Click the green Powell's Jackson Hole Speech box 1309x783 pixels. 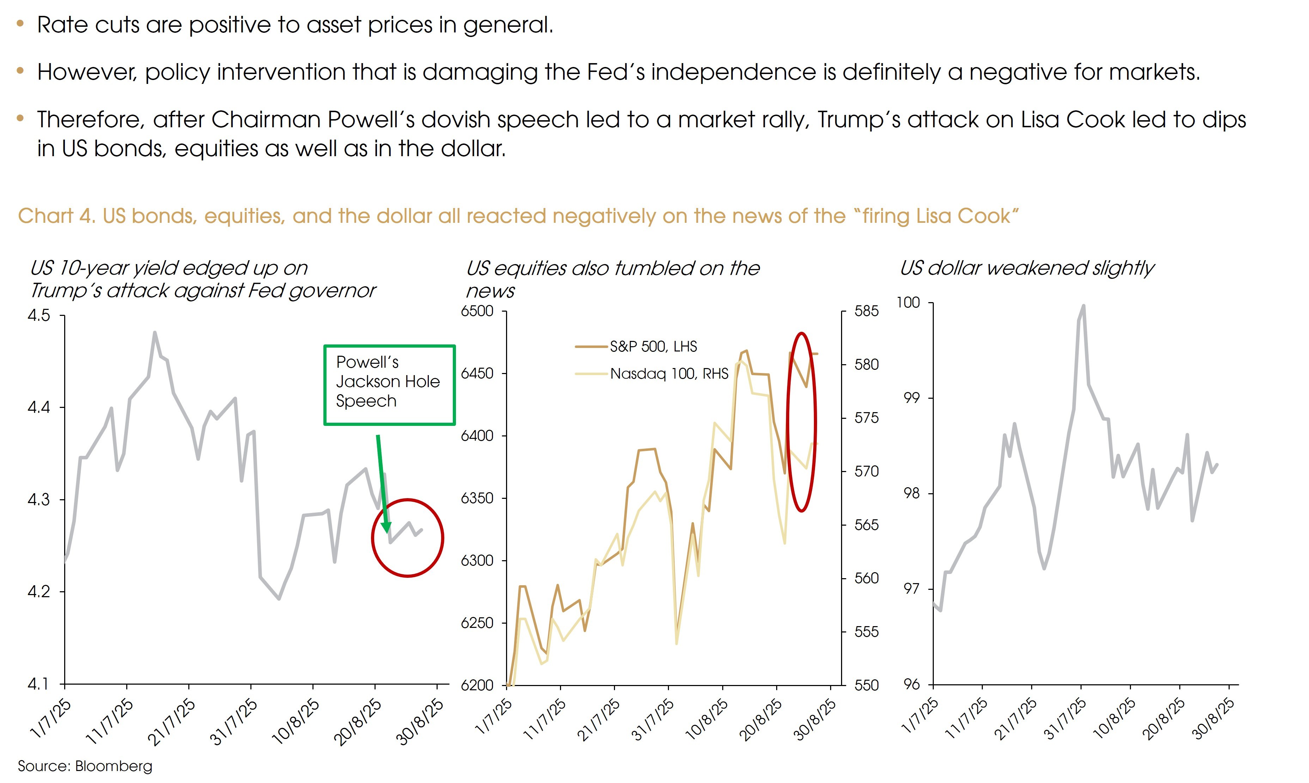(389, 385)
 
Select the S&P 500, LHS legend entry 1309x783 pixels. (653, 347)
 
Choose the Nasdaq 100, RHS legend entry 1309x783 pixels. (669, 374)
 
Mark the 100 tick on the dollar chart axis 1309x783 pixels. (908, 303)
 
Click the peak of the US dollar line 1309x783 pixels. (1083, 306)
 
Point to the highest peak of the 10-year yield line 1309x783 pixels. (154, 332)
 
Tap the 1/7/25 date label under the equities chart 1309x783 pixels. (494, 717)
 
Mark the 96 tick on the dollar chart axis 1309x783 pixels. (911, 684)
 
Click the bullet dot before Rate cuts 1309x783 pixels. (20, 24)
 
